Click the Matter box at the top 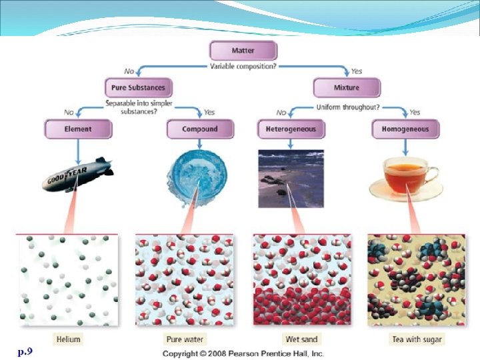[243, 51]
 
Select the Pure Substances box [139, 87]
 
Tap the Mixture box [346, 87]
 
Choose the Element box [78, 129]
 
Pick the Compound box [200, 129]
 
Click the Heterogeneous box [291, 129]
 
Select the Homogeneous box [405, 129]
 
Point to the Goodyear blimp [77, 175]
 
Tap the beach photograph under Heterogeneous [291, 178]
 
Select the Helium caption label [68, 339]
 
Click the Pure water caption [185, 339]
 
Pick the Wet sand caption [301, 339]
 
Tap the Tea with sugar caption [417, 339]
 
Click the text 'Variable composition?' [243, 67]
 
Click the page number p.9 [25, 350]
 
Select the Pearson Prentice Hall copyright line [243, 353]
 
